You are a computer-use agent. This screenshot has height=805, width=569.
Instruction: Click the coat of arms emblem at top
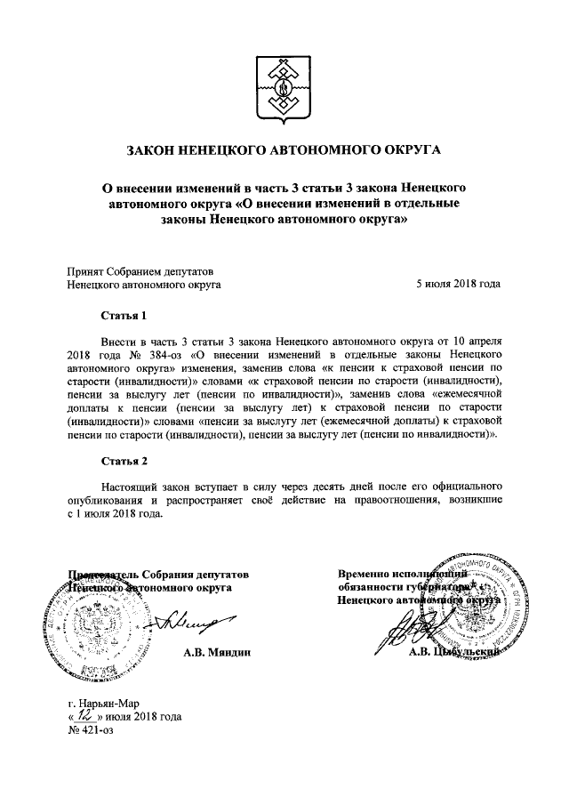click(284, 90)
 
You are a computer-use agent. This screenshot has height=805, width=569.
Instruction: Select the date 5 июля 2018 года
click(458, 285)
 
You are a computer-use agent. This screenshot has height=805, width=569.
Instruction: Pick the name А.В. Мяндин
click(216, 653)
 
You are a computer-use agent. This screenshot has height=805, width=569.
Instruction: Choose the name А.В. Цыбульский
click(453, 653)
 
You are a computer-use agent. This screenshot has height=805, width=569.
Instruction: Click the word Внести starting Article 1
click(121, 341)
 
